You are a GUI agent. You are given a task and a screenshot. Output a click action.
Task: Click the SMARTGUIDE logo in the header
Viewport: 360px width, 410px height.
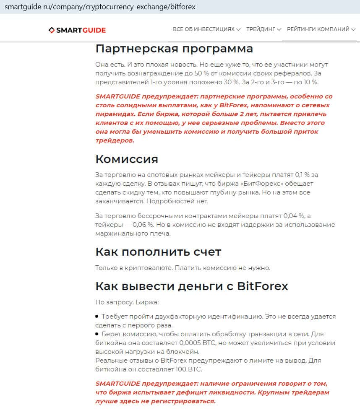coord(77,30)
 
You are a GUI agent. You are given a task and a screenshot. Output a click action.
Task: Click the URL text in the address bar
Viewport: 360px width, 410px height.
coord(100,7)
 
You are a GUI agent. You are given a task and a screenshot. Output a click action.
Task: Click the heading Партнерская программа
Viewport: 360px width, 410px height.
coord(174,49)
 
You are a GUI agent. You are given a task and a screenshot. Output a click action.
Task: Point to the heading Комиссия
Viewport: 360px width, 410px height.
coord(127,159)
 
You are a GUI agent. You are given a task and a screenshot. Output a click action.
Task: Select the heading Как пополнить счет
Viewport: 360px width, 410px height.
coord(158,252)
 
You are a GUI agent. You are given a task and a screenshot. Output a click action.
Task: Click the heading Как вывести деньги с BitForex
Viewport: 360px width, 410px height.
coord(192,286)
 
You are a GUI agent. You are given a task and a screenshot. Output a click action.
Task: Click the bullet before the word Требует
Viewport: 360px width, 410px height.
coord(97,317)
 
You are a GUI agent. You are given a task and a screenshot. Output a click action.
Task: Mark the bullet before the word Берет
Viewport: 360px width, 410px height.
coord(97,334)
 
